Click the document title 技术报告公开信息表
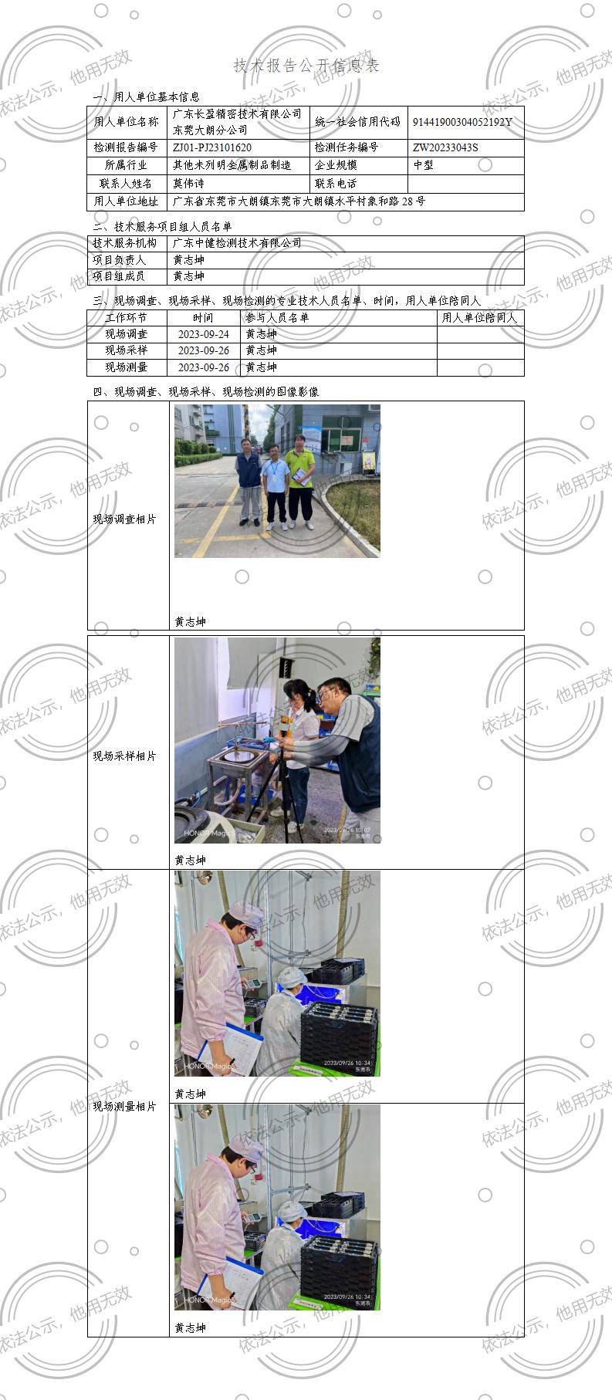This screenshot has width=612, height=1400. coord(306,66)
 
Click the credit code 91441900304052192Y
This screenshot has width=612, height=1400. coord(462,122)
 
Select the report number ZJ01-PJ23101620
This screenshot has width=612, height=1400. coord(212,147)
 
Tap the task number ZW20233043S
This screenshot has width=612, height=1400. coord(445,147)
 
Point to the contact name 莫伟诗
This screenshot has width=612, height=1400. coord(189,184)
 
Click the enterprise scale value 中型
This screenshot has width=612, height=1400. coord(424,165)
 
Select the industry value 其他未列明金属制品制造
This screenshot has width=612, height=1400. coord(232,165)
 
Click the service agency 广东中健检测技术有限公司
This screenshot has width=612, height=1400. coord(237,243)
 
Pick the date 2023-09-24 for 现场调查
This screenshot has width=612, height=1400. coord(204,334)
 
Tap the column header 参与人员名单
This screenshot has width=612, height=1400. coord(277,317)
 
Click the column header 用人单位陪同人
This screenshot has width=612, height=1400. coord(479,317)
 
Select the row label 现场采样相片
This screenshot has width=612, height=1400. coord(125,756)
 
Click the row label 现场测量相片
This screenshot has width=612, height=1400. coord(125,1107)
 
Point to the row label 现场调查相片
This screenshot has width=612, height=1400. coord(125,519)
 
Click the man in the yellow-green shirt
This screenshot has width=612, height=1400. coord(300,479)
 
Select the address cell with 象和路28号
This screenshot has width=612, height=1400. coord(299,201)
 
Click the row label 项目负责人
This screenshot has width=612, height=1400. coord(120,260)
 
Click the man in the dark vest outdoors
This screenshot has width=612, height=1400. coord(249,479)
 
